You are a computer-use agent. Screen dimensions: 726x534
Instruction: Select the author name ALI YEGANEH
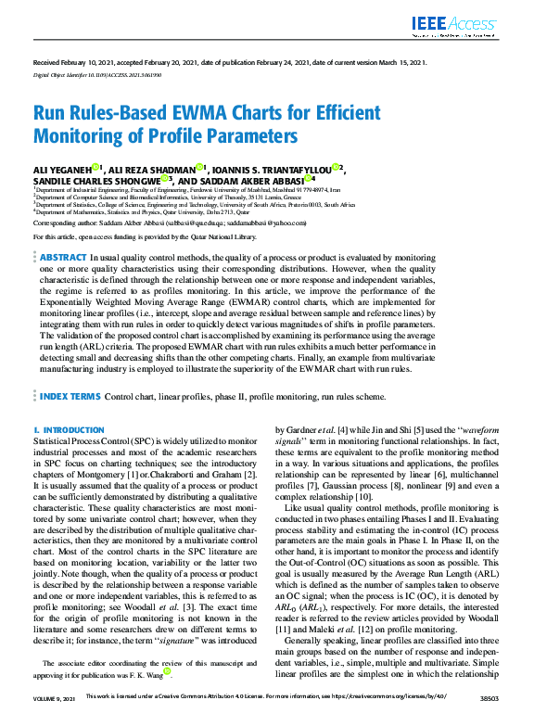[61, 169]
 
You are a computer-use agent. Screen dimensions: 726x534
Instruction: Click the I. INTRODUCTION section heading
[68, 431]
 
